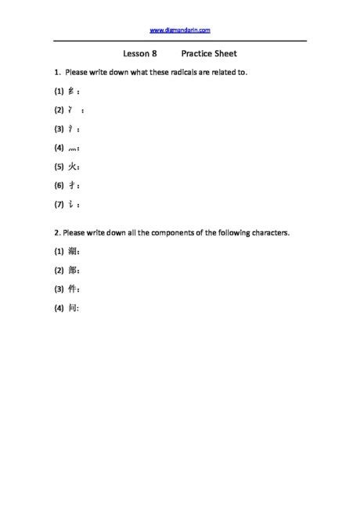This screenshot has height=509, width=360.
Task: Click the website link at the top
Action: coord(179,30)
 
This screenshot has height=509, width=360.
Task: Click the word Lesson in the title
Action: coord(136,54)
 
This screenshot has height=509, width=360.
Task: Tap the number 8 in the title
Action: coord(155,54)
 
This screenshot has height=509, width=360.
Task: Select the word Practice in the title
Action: coord(196,54)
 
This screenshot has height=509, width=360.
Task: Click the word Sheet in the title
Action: coord(225,54)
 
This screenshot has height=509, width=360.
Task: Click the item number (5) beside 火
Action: coord(59,167)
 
